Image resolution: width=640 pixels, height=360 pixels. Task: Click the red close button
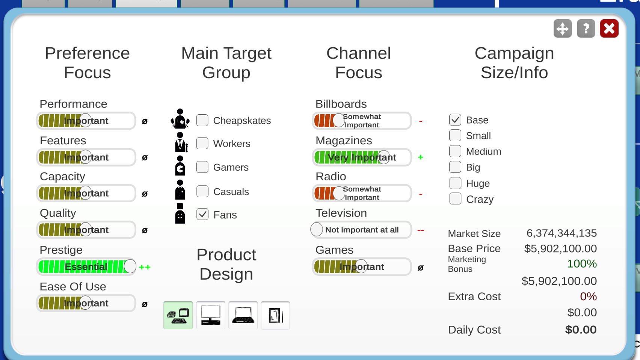coord(609,29)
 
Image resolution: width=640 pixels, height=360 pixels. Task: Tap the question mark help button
coord(586,29)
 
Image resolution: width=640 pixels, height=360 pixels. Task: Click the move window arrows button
coord(563,29)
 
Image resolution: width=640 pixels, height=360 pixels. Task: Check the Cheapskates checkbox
coord(202,120)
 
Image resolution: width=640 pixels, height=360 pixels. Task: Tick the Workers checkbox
coord(202,143)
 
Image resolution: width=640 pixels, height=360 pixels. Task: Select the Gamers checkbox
coord(202,167)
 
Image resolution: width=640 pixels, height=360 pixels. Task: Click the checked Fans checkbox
coord(202,215)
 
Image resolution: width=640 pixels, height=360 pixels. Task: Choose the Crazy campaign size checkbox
coord(455,199)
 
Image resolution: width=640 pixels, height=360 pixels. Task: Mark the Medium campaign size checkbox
coord(455,151)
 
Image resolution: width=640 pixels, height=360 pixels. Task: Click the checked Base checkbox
coord(455,120)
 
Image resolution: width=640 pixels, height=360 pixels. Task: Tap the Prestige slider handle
coord(130,266)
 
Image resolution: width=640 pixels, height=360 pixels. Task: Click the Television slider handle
coord(317,230)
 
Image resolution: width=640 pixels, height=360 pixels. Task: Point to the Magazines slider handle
coord(384,157)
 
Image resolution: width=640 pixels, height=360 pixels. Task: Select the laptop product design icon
coord(243,315)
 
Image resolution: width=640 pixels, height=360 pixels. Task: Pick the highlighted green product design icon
coord(178,315)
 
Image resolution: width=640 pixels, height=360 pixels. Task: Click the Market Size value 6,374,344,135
coord(562,233)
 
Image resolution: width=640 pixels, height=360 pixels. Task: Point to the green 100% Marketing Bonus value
coord(582,264)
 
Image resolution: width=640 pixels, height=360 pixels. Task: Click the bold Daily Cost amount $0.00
coord(581,330)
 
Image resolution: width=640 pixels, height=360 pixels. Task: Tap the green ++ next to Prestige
coord(145,267)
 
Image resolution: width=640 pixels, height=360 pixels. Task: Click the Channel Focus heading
coord(359,63)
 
